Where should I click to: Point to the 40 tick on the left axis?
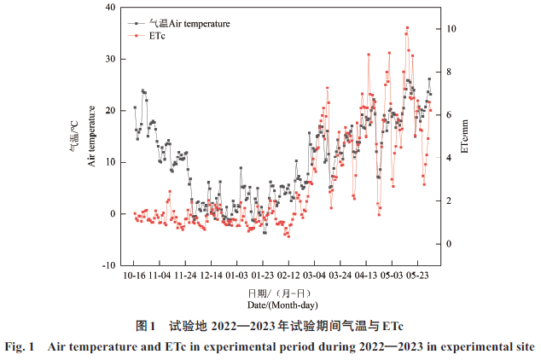[x=110, y=8]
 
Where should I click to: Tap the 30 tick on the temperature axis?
[x=110, y=59]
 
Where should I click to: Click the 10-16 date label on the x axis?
[x=134, y=276]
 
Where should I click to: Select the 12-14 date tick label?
[x=212, y=276]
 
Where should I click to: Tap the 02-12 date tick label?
[x=288, y=276]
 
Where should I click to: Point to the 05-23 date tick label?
[x=417, y=276]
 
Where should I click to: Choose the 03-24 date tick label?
[x=340, y=276]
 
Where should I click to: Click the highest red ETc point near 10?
[x=408, y=28]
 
